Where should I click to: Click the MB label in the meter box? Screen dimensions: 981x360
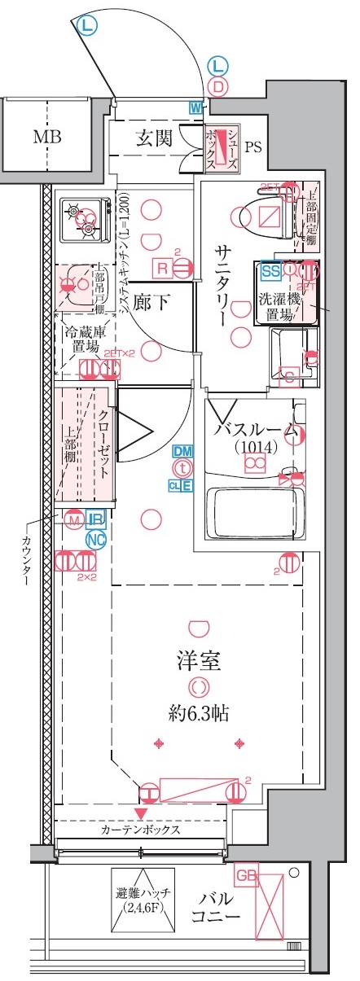46,136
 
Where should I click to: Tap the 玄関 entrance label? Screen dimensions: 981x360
153,138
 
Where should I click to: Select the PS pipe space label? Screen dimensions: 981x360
254,147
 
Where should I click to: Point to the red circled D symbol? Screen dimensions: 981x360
217,85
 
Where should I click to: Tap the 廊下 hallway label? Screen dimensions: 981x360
151,303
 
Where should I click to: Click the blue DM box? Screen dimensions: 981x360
182,451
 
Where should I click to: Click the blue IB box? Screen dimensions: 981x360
95,519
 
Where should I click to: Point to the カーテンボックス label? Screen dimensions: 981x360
140,830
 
